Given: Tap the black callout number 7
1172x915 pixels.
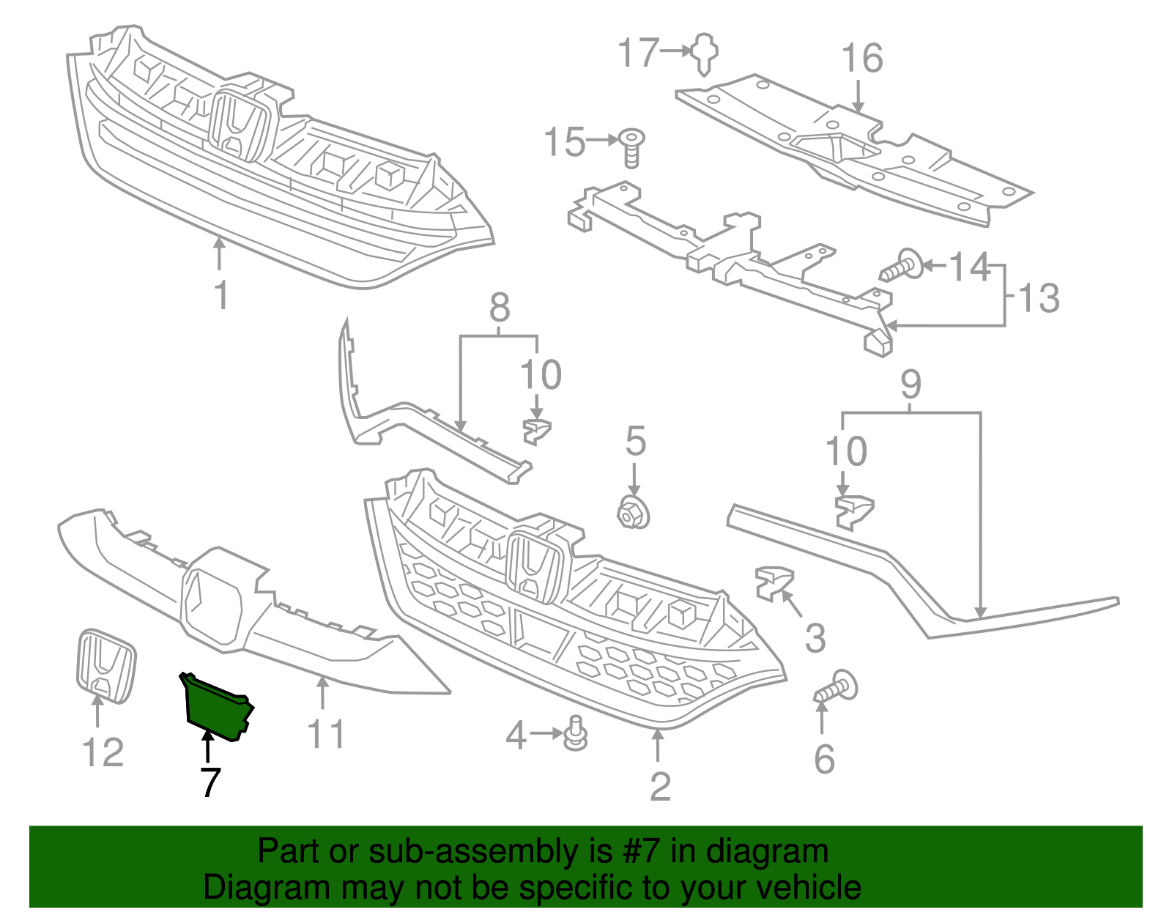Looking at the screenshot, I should (209, 783).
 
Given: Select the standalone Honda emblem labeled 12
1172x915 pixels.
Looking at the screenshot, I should (106, 665).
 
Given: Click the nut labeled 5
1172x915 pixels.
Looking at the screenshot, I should (633, 512).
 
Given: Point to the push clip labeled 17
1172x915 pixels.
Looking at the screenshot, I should (705, 53).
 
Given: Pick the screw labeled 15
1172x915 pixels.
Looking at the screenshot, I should (631, 147).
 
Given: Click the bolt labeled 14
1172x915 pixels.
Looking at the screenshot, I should (902, 267).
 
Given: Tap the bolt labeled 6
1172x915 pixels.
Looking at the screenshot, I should (837, 689).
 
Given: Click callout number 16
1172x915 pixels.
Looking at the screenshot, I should (861, 59).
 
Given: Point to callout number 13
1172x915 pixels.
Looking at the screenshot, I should (1039, 298).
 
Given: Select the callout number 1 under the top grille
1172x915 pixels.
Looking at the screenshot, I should (220, 295).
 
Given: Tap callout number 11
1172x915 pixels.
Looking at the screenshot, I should (325, 734).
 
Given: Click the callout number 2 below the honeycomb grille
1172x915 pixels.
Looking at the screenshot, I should (660, 787).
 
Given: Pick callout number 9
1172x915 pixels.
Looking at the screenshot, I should (910, 384).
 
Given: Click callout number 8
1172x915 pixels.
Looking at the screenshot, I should (500, 308).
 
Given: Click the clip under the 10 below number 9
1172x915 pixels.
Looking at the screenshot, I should (854, 511).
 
